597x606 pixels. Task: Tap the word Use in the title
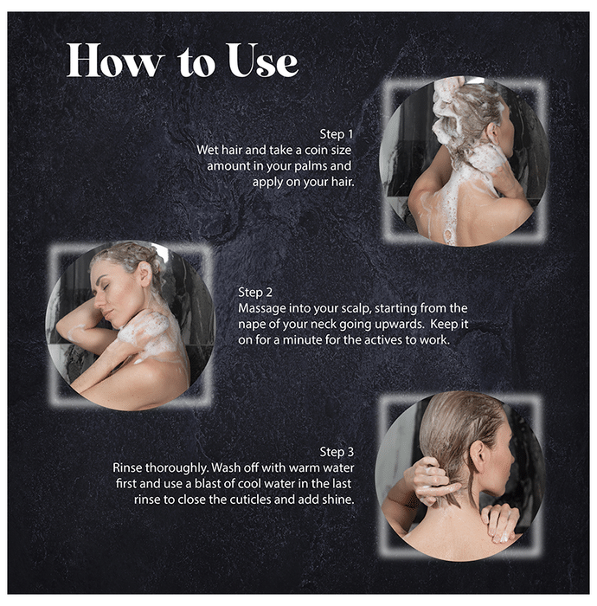coord(262,60)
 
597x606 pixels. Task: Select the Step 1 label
coord(336,134)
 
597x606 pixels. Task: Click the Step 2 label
coord(255,293)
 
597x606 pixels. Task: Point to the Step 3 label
coord(337,452)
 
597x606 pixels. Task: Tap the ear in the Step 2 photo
coord(145,274)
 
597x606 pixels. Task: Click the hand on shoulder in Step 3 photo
coord(500,522)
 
